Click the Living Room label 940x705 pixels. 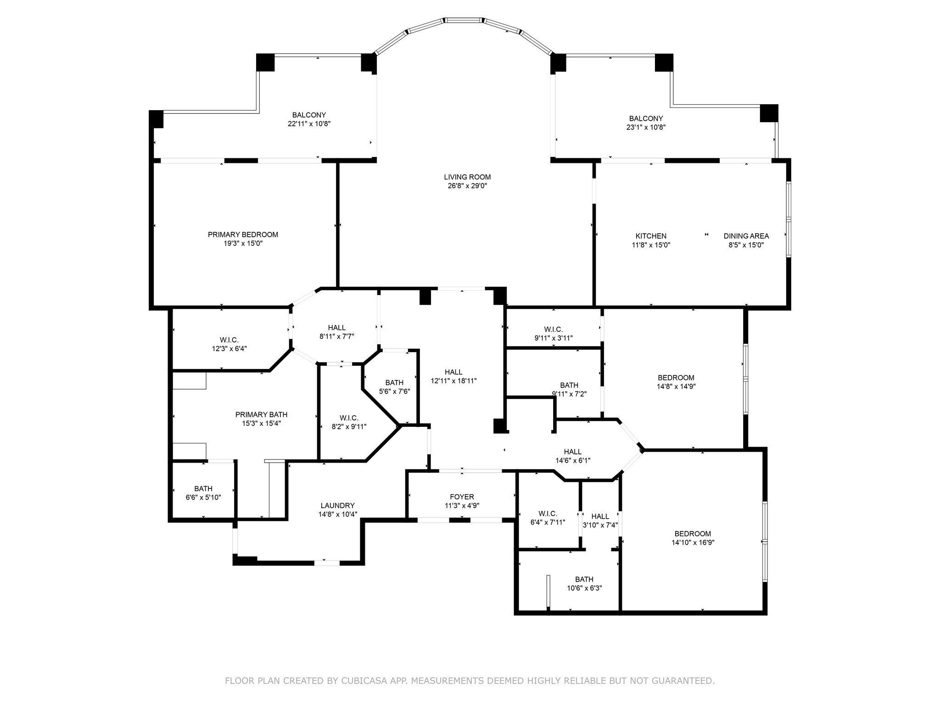467,177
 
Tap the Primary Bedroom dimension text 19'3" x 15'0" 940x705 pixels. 243,244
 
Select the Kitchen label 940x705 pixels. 651,236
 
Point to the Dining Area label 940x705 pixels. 746,236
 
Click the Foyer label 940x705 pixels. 462,497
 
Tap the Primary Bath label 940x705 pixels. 261,414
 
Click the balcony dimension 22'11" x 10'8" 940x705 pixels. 309,124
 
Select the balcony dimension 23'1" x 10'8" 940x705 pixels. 646,128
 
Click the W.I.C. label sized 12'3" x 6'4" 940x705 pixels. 229,340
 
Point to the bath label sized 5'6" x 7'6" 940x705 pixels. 394,382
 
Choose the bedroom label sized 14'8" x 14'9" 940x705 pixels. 676,378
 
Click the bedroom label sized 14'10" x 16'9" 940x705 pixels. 693,533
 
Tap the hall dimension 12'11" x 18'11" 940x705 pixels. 453,381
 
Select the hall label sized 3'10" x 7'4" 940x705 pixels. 600,516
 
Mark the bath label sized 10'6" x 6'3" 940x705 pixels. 584,579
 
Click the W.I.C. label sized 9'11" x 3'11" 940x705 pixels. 553,329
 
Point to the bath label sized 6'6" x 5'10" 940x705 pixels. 203,488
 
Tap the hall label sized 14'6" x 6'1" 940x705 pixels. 572,452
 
